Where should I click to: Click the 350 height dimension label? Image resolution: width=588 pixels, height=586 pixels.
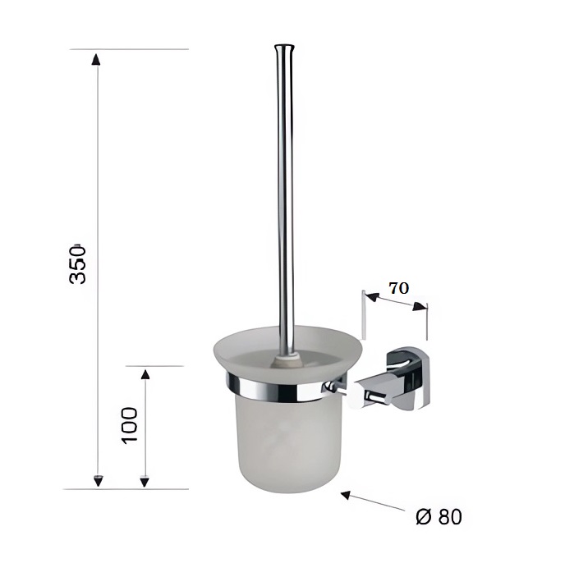(78, 264)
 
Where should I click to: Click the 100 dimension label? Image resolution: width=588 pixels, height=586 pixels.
(130, 426)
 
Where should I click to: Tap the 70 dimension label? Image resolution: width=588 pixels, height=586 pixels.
(398, 288)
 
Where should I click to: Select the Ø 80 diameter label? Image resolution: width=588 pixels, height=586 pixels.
(439, 517)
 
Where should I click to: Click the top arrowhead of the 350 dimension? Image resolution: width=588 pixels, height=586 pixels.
(96, 59)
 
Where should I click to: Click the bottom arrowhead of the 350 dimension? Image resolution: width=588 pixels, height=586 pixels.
(98, 480)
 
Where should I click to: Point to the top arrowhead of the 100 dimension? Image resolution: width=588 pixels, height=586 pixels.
(145, 374)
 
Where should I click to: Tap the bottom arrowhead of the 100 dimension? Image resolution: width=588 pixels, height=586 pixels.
(145, 482)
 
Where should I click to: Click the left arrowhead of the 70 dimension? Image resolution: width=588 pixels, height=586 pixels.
(371, 297)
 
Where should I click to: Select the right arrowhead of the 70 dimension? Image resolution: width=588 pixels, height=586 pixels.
(420, 306)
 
